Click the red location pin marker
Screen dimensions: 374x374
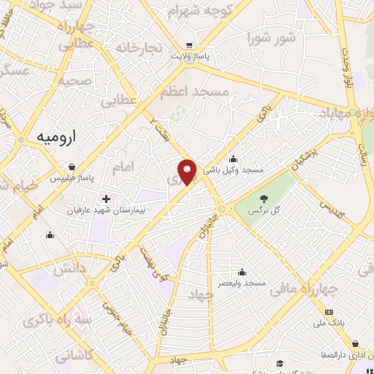pyautogui.click(x=188, y=172)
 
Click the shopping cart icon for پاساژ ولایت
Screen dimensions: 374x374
pyautogui.click(x=189, y=45)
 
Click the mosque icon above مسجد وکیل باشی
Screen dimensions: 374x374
pyautogui.click(x=233, y=159)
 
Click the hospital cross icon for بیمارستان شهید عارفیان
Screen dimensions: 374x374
pyautogui.click(x=106, y=199)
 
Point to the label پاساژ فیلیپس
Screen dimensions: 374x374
pyautogui.click(x=77, y=178)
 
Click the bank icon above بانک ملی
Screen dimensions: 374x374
pyautogui.click(x=327, y=314)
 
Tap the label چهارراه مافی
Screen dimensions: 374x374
pyautogui.click(x=305, y=290)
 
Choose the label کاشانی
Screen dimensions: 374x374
pyautogui.click(x=74, y=356)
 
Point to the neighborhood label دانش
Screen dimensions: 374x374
pyautogui.click(x=72, y=269)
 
